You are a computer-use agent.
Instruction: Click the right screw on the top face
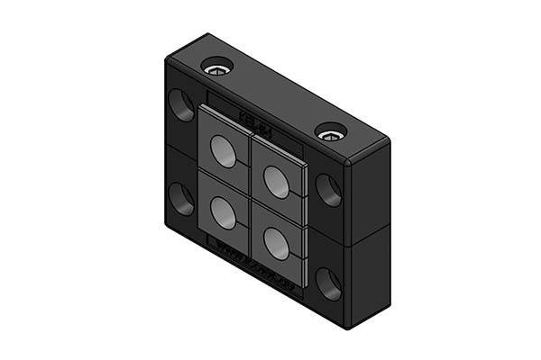pos(330,133)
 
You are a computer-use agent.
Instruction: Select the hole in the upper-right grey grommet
pos(277,181)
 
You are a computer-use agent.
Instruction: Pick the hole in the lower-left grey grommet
pos(221,211)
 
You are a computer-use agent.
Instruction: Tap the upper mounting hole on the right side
pos(326,188)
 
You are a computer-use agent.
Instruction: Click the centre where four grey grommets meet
pos(250,196)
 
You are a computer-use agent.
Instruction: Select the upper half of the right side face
pos(370,193)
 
